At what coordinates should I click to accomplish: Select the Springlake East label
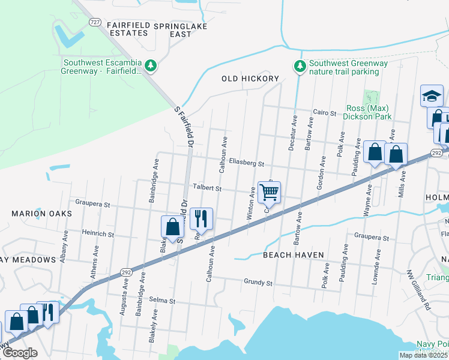pos(180,30)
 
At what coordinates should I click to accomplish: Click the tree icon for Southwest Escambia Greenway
pos(152,65)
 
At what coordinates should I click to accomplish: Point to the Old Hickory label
pos(250,79)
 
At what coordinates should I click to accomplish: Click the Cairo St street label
pos(327,112)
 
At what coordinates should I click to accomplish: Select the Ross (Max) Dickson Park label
pos(369,112)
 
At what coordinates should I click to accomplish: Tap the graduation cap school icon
pos(432,95)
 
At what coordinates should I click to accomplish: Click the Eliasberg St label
pos(247,163)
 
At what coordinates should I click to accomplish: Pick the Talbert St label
pos(206,188)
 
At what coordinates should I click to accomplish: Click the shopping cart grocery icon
pos(270,192)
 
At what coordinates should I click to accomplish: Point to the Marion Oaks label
pos(41,214)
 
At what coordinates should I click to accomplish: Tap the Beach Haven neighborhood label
pos(294,255)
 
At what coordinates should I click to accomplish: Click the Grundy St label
pos(258,282)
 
